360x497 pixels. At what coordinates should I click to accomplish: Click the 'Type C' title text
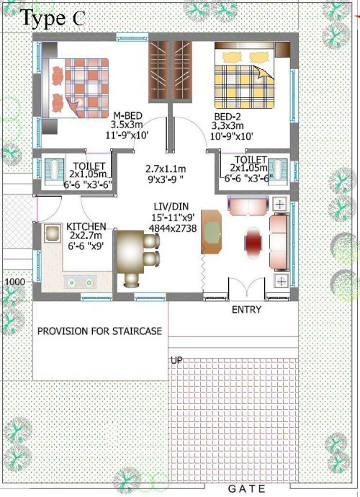pyautogui.click(x=53, y=18)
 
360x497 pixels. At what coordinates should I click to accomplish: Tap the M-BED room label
pyautogui.click(x=127, y=116)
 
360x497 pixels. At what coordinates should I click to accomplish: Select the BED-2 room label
pyautogui.click(x=228, y=116)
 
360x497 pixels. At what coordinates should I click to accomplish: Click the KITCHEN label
pyautogui.click(x=86, y=227)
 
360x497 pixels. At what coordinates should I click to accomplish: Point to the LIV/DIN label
pyautogui.click(x=171, y=207)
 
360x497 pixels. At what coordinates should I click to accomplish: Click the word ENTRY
pyautogui.click(x=246, y=309)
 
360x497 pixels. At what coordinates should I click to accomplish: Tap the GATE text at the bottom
pyautogui.click(x=246, y=488)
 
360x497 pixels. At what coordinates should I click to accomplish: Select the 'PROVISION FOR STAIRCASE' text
pyautogui.click(x=100, y=331)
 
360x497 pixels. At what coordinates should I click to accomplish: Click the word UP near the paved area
pyautogui.click(x=176, y=361)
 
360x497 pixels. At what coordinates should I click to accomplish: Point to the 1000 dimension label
pyautogui.click(x=15, y=282)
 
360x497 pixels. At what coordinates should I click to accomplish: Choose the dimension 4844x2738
pyautogui.click(x=173, y=228)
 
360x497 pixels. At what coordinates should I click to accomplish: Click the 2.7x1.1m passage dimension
pyautogui.click(x=166, y=169)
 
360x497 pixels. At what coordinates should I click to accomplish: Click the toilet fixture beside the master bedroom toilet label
pyautogui.click(x=54, y=171)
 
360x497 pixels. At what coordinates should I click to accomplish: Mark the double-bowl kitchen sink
pyautogui.click(x=81, y=282)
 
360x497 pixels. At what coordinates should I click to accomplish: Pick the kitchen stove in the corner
pyautogui.click(x=53, y=233)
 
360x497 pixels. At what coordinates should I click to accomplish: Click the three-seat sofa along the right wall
pyautogui.click(x=279, y=242)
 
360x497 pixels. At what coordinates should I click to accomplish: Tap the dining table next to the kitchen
pyautogui.click(x=130, y=252)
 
